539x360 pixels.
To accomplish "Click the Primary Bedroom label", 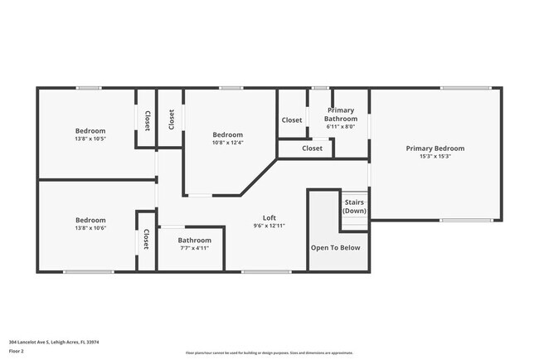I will pyautogui.click(x=435, y=148).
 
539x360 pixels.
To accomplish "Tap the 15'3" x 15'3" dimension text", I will pyautogui.click(x=435, y=157).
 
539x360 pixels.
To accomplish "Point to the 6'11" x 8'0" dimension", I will pyautogui.click(x=340, y=127).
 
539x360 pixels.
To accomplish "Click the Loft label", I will pyautogui.click(x=269, y=217).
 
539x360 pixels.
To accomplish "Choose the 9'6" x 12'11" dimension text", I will pyautogui.click(x=269, y=226).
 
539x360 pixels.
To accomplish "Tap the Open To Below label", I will pyautogui.click(x=335, y=247).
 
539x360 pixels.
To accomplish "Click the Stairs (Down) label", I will pyautogui.click(x=354, y=207).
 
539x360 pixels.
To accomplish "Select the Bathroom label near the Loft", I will pyautogui.click(x=194, y=240).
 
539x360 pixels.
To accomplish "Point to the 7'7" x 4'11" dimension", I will pyautogui.click(x=194, y=248).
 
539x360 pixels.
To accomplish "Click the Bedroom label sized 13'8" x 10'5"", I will pyautogui.click(x=90, y=130).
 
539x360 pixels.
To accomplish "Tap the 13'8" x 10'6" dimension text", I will pyautogui.click(x=90, y=228).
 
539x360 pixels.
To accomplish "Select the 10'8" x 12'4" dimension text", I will pyautogui.click(x=227, y=143).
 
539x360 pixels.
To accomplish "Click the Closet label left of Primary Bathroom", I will pyautogui.click(x=292, y=120).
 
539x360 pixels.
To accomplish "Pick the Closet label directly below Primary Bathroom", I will pyautogui.click(x=312, y=148).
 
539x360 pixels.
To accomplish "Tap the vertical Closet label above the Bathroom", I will pyautogui.click(x=146, y=240).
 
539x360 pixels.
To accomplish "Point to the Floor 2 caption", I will pyautogui.click(x=17, y=352).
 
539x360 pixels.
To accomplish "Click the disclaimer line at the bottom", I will pyautogui.click(x=269, y=353).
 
